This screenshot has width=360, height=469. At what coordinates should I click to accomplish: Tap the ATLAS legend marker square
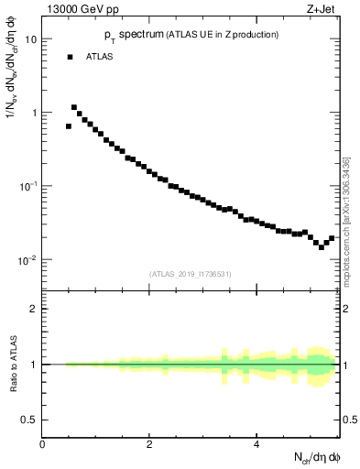click(69, 57)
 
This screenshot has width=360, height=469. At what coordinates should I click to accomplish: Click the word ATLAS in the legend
click(100, 57)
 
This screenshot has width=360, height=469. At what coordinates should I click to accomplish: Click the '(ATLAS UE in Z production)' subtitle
click(221, 35)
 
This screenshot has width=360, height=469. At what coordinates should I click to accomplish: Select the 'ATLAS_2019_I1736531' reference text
click(191, 274)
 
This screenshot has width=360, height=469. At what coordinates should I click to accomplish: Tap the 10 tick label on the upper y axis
click(31, 39)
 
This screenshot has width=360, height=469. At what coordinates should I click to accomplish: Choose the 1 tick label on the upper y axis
click(34, 113)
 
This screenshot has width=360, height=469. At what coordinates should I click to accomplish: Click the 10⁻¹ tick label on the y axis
click(27, 185)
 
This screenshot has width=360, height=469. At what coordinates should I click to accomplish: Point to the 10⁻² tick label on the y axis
click(27, 259)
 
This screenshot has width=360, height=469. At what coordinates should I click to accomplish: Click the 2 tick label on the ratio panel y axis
click(34, 309)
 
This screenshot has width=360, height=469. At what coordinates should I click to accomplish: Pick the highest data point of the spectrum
click(74, 107)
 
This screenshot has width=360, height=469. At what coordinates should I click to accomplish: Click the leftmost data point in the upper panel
click(69, 126)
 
